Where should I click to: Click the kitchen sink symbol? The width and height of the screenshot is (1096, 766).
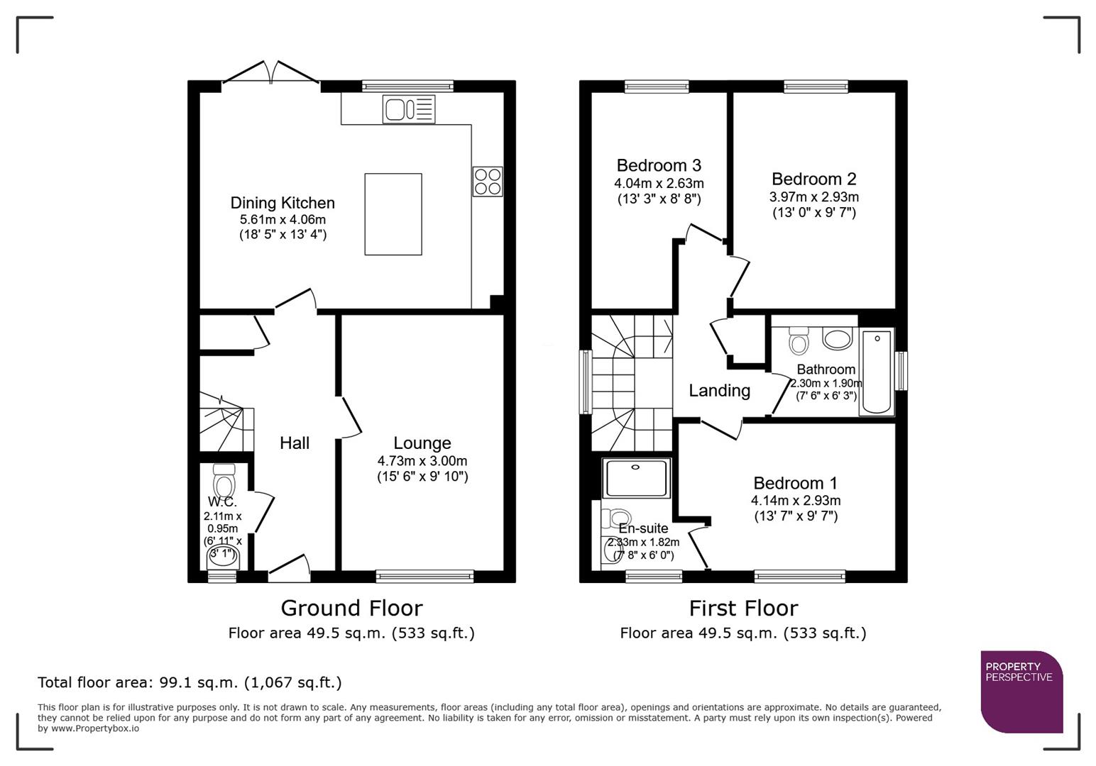[x=408, y=110]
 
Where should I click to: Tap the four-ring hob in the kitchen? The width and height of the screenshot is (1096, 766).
[x=488, y=181]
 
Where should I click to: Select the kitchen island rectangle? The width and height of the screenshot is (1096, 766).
[x=393, y=213]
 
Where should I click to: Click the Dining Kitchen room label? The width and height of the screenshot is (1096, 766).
[x=283, y=203]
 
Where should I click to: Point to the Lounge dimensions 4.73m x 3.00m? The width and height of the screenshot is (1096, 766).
[x=422, y=460]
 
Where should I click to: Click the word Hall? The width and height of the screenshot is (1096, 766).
[x=295, y=443]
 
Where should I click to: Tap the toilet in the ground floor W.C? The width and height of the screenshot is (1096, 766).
[x=225, y=483]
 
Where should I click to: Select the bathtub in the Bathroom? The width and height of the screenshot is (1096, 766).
[x=877, y=372]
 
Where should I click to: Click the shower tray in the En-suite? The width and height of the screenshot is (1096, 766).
[x=636, y=478]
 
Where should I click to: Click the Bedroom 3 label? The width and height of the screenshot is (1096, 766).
[x=659, y=165]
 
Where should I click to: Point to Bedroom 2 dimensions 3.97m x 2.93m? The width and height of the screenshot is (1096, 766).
[x=814, y=197]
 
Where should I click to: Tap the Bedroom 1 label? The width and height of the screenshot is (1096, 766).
[x=795, y=483]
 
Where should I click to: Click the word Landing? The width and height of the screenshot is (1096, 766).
[x=719, y=391]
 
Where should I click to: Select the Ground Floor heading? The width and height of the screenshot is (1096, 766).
[x=351, y=608]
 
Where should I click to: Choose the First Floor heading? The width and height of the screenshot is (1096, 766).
[x=743, y=608]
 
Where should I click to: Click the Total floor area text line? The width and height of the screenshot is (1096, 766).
[x=190, y=682]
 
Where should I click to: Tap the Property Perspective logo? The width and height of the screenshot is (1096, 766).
[x=1021, y=691]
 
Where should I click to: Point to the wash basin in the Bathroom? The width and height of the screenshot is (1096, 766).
[x=838, y=338]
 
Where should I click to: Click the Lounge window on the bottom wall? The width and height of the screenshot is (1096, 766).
[x=424, y=576]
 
